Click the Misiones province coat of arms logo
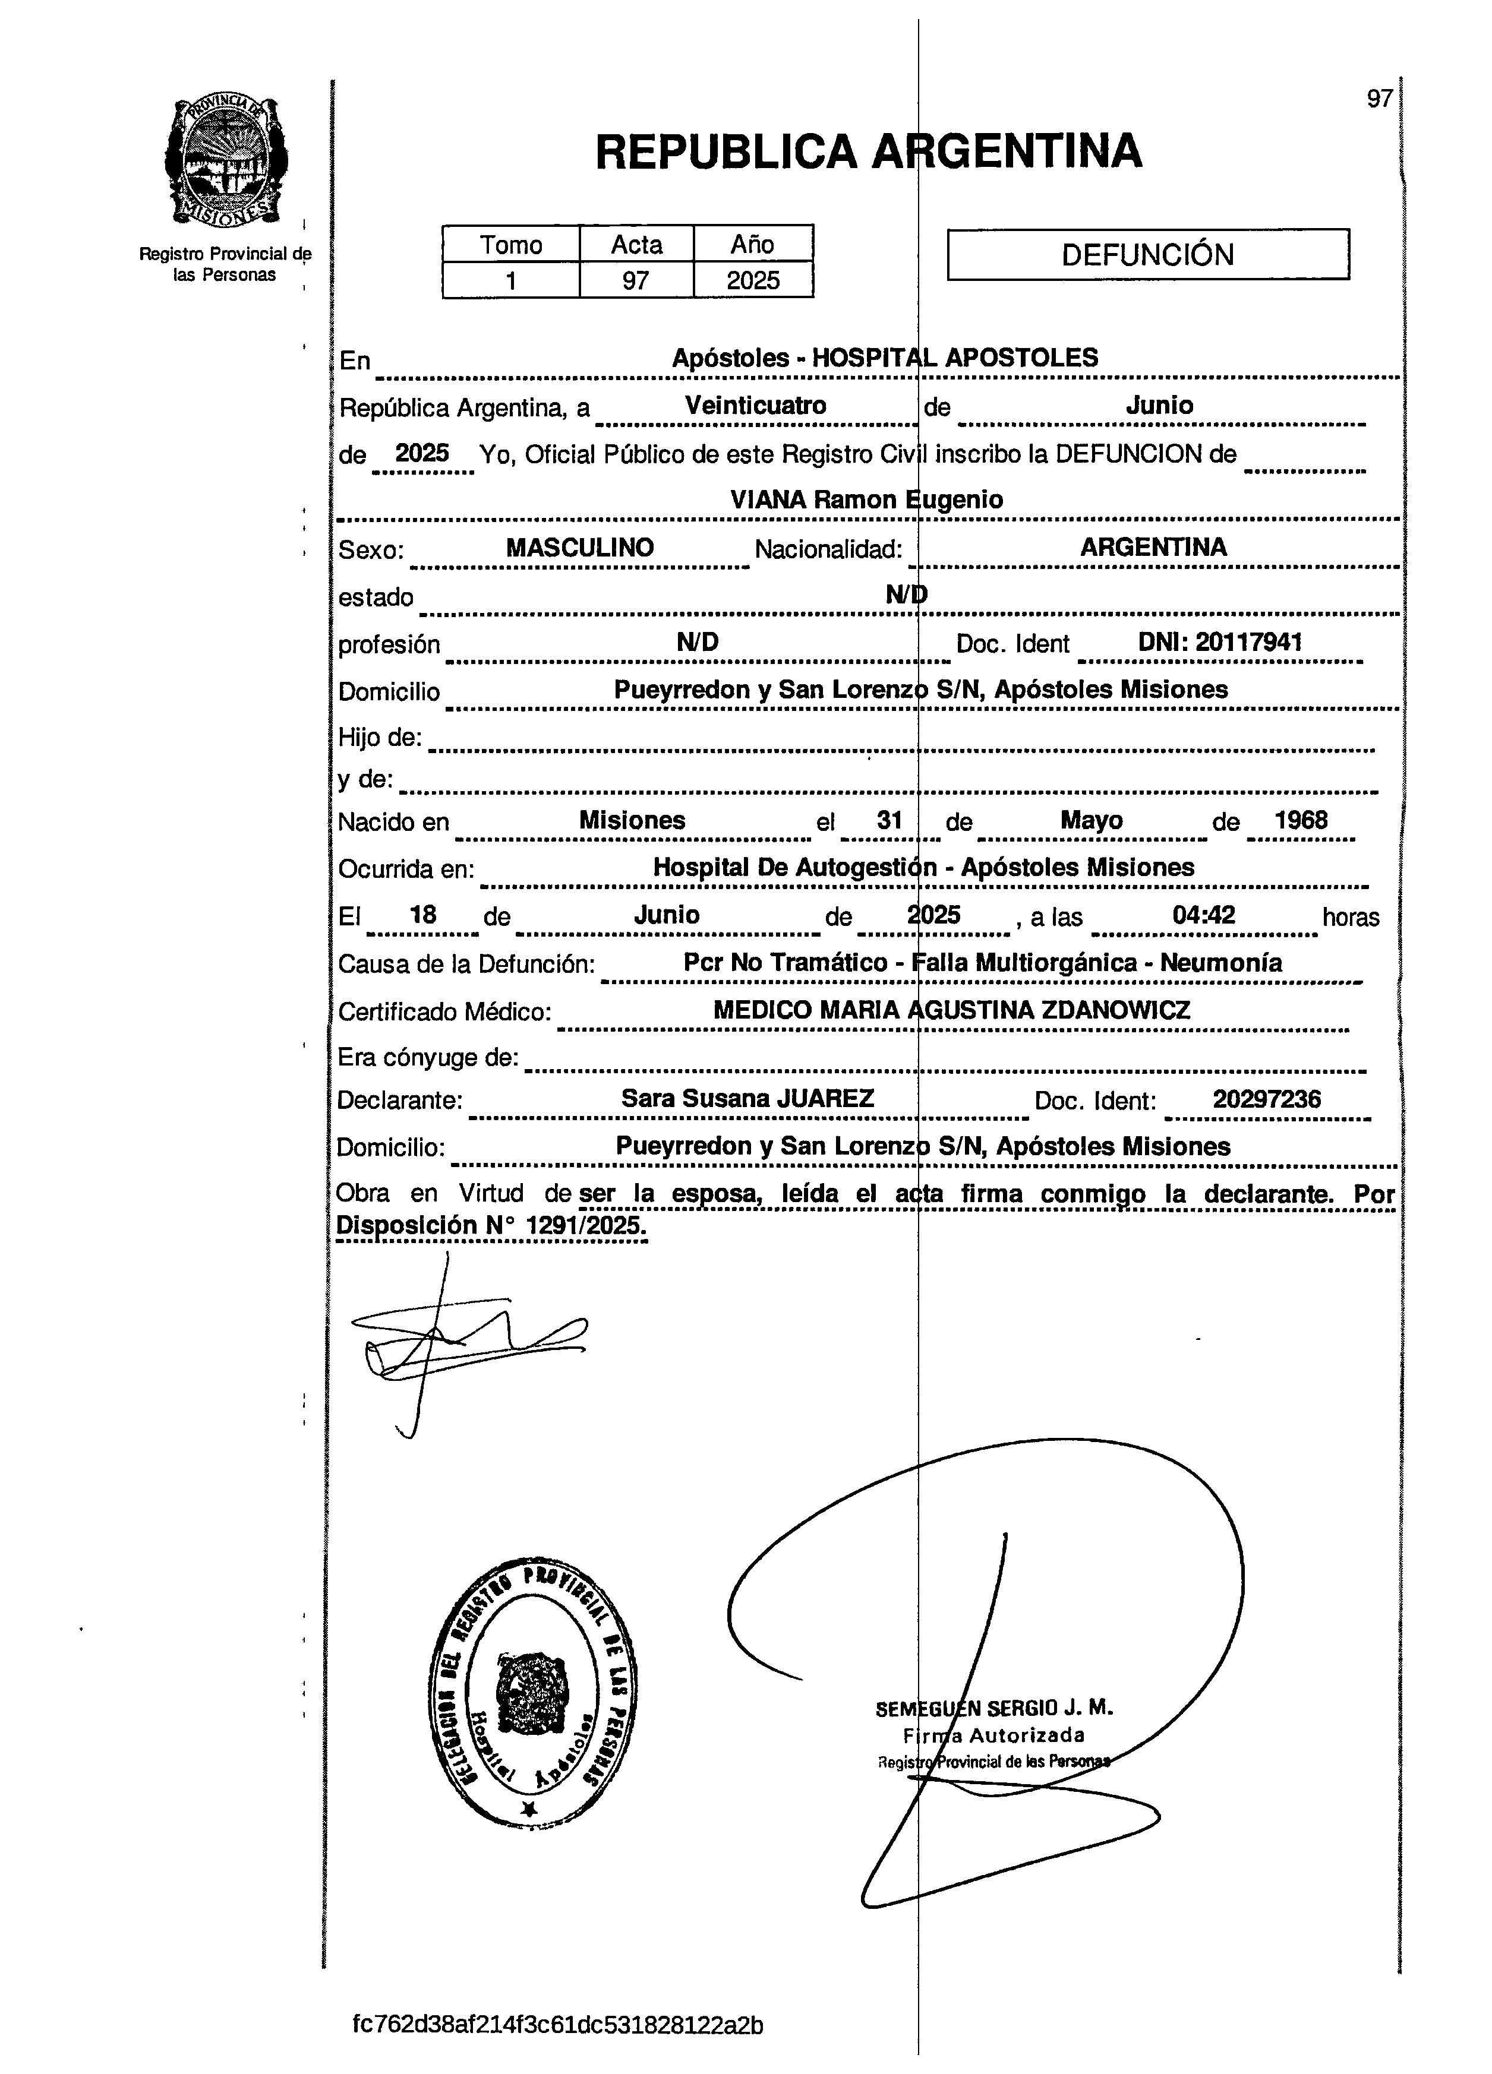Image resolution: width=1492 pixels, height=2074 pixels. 226,163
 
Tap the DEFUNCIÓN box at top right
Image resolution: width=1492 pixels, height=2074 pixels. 1147,254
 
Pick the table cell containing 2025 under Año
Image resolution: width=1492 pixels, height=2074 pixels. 753,280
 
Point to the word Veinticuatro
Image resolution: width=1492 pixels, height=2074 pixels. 756,405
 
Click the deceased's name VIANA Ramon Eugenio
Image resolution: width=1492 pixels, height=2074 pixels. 866,499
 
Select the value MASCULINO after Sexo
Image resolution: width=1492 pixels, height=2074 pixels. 580,548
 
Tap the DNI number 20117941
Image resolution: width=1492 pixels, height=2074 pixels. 1248,642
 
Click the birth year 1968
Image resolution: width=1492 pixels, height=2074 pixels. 1301,820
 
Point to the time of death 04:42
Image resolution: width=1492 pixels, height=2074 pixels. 1204,915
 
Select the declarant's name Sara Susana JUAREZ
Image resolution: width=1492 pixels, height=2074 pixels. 747,1098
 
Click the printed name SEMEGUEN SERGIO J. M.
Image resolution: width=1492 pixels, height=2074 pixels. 993,1708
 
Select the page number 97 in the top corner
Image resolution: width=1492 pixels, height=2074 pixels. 1379,99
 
